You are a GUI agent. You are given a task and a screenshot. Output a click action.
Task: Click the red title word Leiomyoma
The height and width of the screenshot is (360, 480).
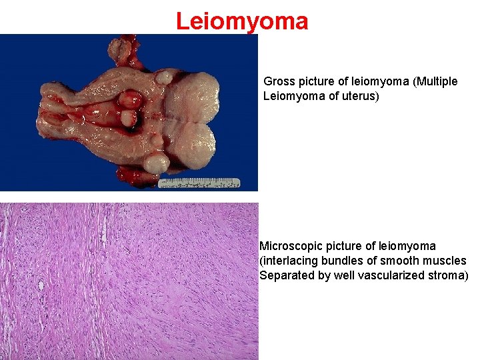click(242, 21)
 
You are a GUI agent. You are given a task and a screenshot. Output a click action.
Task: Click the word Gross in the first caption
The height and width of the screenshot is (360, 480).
click(279, 81)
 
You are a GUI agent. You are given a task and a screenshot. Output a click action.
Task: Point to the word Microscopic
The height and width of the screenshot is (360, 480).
click(291, 246)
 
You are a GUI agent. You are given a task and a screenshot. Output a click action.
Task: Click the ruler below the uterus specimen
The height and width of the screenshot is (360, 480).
click(201, 181)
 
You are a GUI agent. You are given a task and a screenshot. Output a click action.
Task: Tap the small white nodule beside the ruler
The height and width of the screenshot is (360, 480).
click(156, 163)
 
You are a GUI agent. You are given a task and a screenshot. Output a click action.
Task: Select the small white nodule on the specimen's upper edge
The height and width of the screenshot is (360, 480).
click(163, 77)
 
